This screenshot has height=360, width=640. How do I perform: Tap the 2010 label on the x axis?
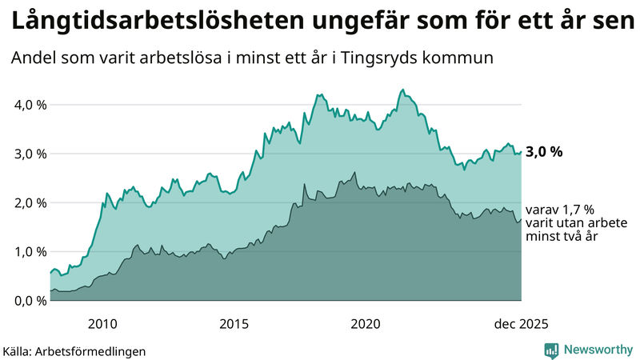pyautogui.click(x=102, y=323)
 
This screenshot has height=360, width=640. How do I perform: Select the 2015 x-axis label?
pyautogui.click(x=234, y=323)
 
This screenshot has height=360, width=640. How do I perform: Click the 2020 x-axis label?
pyautogui.click(x=366, y=323)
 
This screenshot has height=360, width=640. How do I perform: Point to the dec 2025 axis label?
pyautogui.click(x=521, y=323)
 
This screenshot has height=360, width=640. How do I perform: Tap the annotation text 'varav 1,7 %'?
pyautogui.click(x=554, y=210)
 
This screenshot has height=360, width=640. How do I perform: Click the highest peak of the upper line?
pyautogui.click(x=402, y=90)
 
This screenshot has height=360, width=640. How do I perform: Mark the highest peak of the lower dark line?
pyautogui.click(x=354, y=172)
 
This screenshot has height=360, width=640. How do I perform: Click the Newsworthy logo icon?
pyautogui.click(x=551, y=350)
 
